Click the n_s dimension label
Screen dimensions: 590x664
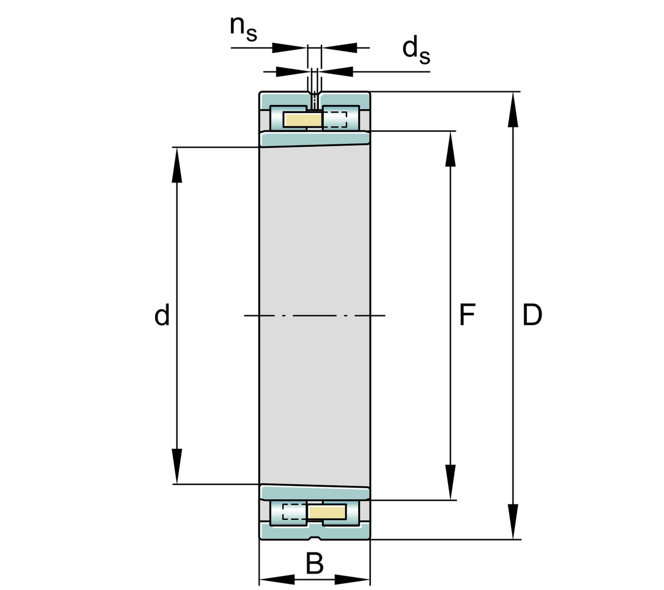(x=243, y=29)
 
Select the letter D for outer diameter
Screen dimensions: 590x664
(x=532, y=315)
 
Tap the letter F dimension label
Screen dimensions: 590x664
(x=468, y=315)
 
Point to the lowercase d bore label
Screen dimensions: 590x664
(x=162, y=315)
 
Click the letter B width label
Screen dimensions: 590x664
(x=314, y=565)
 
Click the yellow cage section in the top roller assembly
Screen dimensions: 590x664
(x=303, y=119)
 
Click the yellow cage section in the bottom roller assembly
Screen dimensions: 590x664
(x=326, y=512)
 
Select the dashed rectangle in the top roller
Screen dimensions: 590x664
(x=335, y=119)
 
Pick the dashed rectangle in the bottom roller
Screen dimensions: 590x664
(x=294, y=512)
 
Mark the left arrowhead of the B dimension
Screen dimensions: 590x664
(x=277, y=579)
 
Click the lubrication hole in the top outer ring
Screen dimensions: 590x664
(x=314, y=100)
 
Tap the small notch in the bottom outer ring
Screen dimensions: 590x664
(x=314, y=537)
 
